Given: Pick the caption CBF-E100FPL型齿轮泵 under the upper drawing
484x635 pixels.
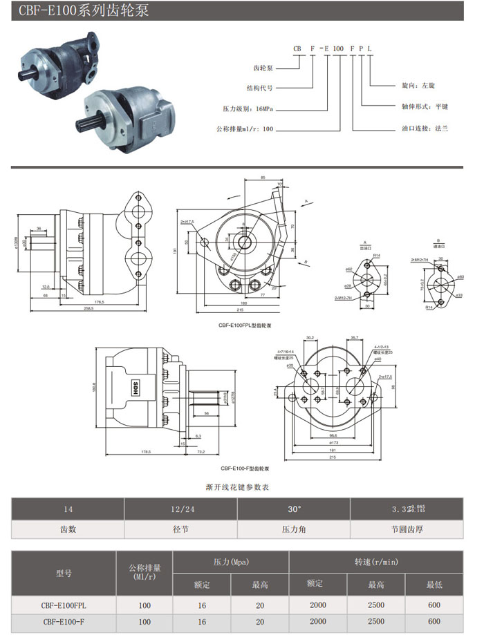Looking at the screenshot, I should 241,324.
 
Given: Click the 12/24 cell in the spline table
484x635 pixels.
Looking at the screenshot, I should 180,509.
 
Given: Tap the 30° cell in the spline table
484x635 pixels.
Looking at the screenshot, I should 294,509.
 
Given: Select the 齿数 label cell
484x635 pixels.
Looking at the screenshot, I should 68,530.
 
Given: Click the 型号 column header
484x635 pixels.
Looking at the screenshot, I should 63,573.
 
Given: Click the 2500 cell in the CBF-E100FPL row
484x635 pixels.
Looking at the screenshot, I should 376,605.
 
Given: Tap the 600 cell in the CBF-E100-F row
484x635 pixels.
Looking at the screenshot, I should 433,621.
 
